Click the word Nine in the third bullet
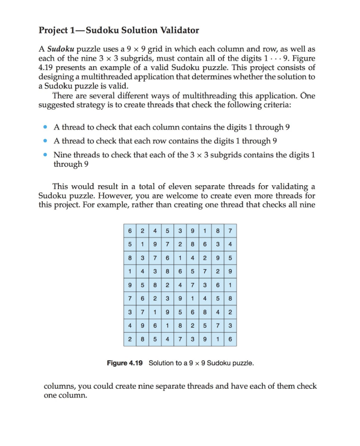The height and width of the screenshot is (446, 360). pos(62,155)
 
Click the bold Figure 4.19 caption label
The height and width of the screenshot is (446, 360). pos(125,363)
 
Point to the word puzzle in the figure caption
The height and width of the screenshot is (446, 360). pos(241,363)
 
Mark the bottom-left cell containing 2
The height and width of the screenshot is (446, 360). pos(129,337)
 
